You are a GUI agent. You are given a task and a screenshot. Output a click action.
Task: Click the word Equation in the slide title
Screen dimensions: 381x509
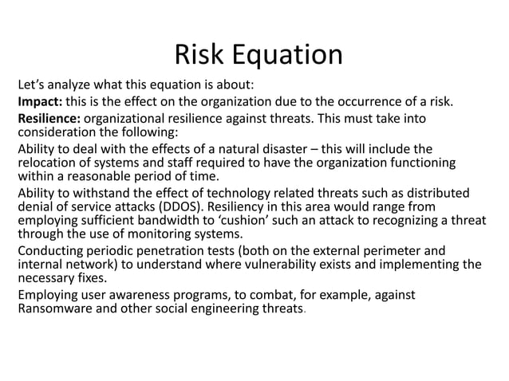click(x=288, y=55)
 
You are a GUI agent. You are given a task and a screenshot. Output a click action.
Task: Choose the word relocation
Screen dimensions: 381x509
click(x=49, y=163)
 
